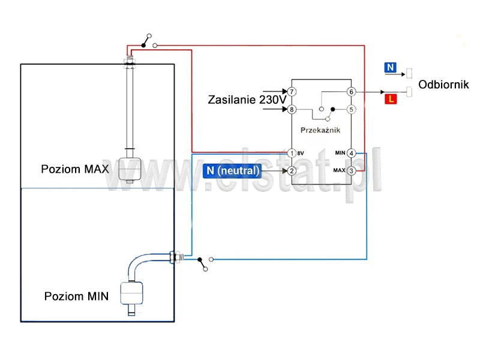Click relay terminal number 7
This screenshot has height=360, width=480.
tap(292, 92)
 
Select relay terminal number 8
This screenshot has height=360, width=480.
tap(292, 109)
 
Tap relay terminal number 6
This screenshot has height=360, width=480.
tap(351, 92)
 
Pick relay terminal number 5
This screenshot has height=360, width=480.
tap(351, 109)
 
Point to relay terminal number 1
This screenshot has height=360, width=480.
tap(292, 153)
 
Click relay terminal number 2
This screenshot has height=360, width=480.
tap(292, 171)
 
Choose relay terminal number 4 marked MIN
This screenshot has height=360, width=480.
tap(351, 153)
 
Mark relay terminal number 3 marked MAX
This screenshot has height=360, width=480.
tap(351, 171)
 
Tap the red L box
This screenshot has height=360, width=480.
tap(391, 99)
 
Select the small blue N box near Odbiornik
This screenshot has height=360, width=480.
tap(391, 67)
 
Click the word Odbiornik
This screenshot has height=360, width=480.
tap(443, 85)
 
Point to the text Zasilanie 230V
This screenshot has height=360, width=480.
tap(247, 100)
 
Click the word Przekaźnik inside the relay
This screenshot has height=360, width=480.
tap(320, 130)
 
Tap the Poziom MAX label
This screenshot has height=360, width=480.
tap(75, 169)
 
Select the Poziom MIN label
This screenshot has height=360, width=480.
tap(77, 296)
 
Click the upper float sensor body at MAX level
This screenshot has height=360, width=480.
tap(130, 169)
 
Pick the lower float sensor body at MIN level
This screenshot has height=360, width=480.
tap(131, 293)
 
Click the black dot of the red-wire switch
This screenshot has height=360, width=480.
tap(143, 46)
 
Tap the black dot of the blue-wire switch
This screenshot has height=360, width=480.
tap(200, 260)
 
